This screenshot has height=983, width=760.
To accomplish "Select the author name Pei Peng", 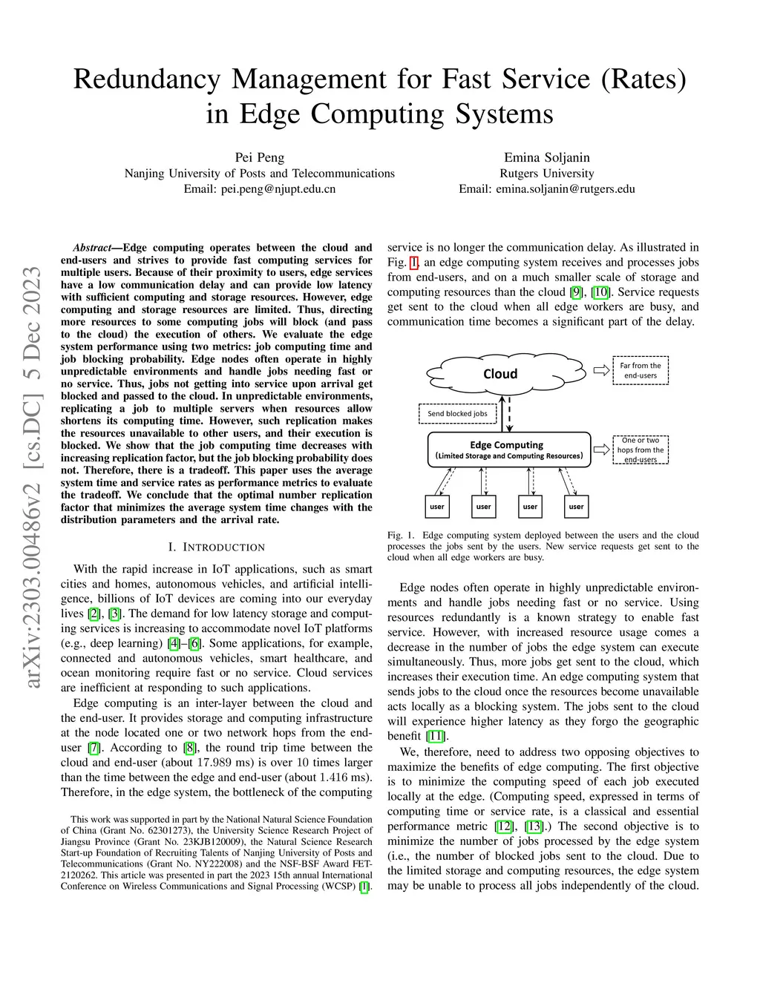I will coord(260,157).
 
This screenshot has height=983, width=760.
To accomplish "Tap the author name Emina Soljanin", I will coord(547,157).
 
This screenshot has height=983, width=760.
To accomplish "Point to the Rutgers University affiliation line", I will coord(547,173).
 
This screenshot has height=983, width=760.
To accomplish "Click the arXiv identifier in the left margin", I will coord(33,475).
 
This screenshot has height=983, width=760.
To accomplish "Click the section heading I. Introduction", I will coord(216,548).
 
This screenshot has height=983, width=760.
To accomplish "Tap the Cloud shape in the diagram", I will coord(500,374).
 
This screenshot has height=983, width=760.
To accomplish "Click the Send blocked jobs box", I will coord(457,413).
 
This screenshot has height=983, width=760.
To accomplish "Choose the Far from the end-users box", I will coord(641,370).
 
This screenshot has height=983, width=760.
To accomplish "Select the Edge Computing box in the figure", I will coord(508,450).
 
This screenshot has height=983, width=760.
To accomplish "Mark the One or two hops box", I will coord(641,450).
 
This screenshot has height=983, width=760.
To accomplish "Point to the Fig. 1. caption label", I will coord(401,535).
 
